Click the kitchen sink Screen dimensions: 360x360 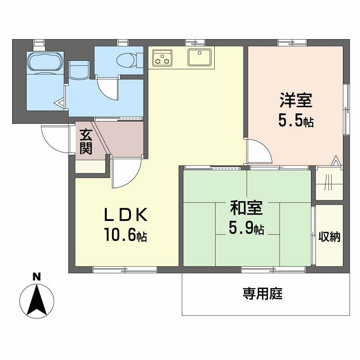tap(198, 58)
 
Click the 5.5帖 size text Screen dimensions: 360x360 tap(296, 121)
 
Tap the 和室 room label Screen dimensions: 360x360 tap(246, 208)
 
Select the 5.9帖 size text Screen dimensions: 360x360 tap(246, 229)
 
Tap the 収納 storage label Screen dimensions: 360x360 tap(329, 237)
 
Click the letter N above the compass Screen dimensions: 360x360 tap(36, 277)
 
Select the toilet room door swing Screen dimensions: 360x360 tap(108, 88)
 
